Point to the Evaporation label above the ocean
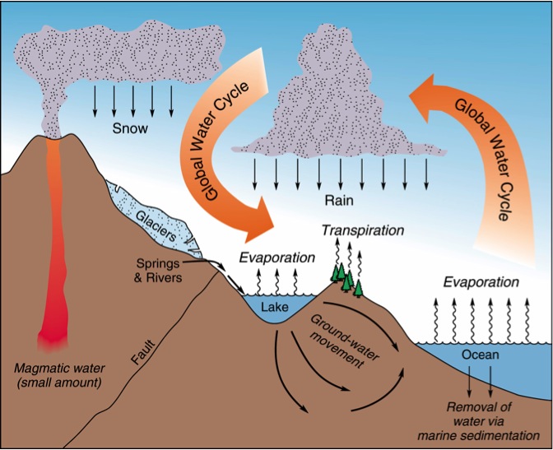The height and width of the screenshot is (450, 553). click(x=481, y=282)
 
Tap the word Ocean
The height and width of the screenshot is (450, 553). click(x=481, y=355)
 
